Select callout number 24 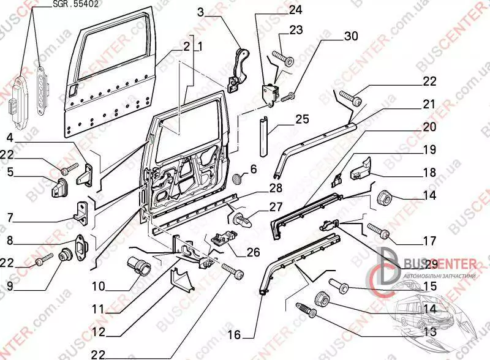[x=296, y=10]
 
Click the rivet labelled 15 [x=340, y=285]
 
